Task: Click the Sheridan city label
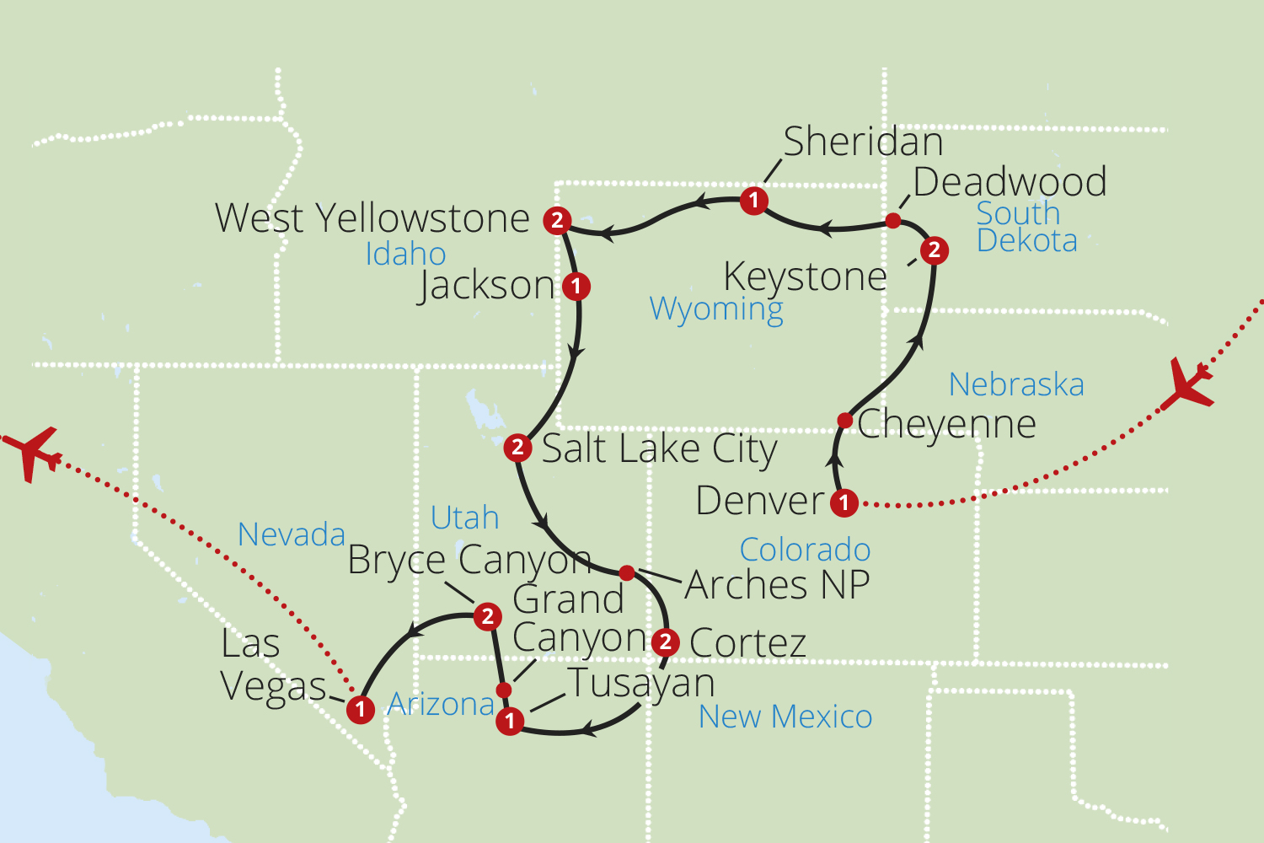tap(863, 142)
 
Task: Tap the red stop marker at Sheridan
tap(753, 201)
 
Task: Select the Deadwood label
tap(1010, 182)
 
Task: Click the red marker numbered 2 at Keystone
tap(934, 250)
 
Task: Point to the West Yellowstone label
tap(372, 218)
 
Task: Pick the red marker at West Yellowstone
tap(557, 221)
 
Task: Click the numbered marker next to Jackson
tap(576, 287)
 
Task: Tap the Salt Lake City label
tap(659, 449)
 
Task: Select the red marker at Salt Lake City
tap(517, 448)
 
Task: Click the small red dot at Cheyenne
tap(845, 420)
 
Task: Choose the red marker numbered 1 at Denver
tap(844, 503)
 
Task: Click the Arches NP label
tap(777, 585)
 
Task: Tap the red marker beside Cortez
tap(666, 642)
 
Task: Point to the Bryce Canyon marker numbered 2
tap(487, 617)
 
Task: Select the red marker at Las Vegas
tap(361, 710)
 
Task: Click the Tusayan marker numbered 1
tap(509, 722)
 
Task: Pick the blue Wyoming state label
tap(716, 309)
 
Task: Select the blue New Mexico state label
tap(785, 717)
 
